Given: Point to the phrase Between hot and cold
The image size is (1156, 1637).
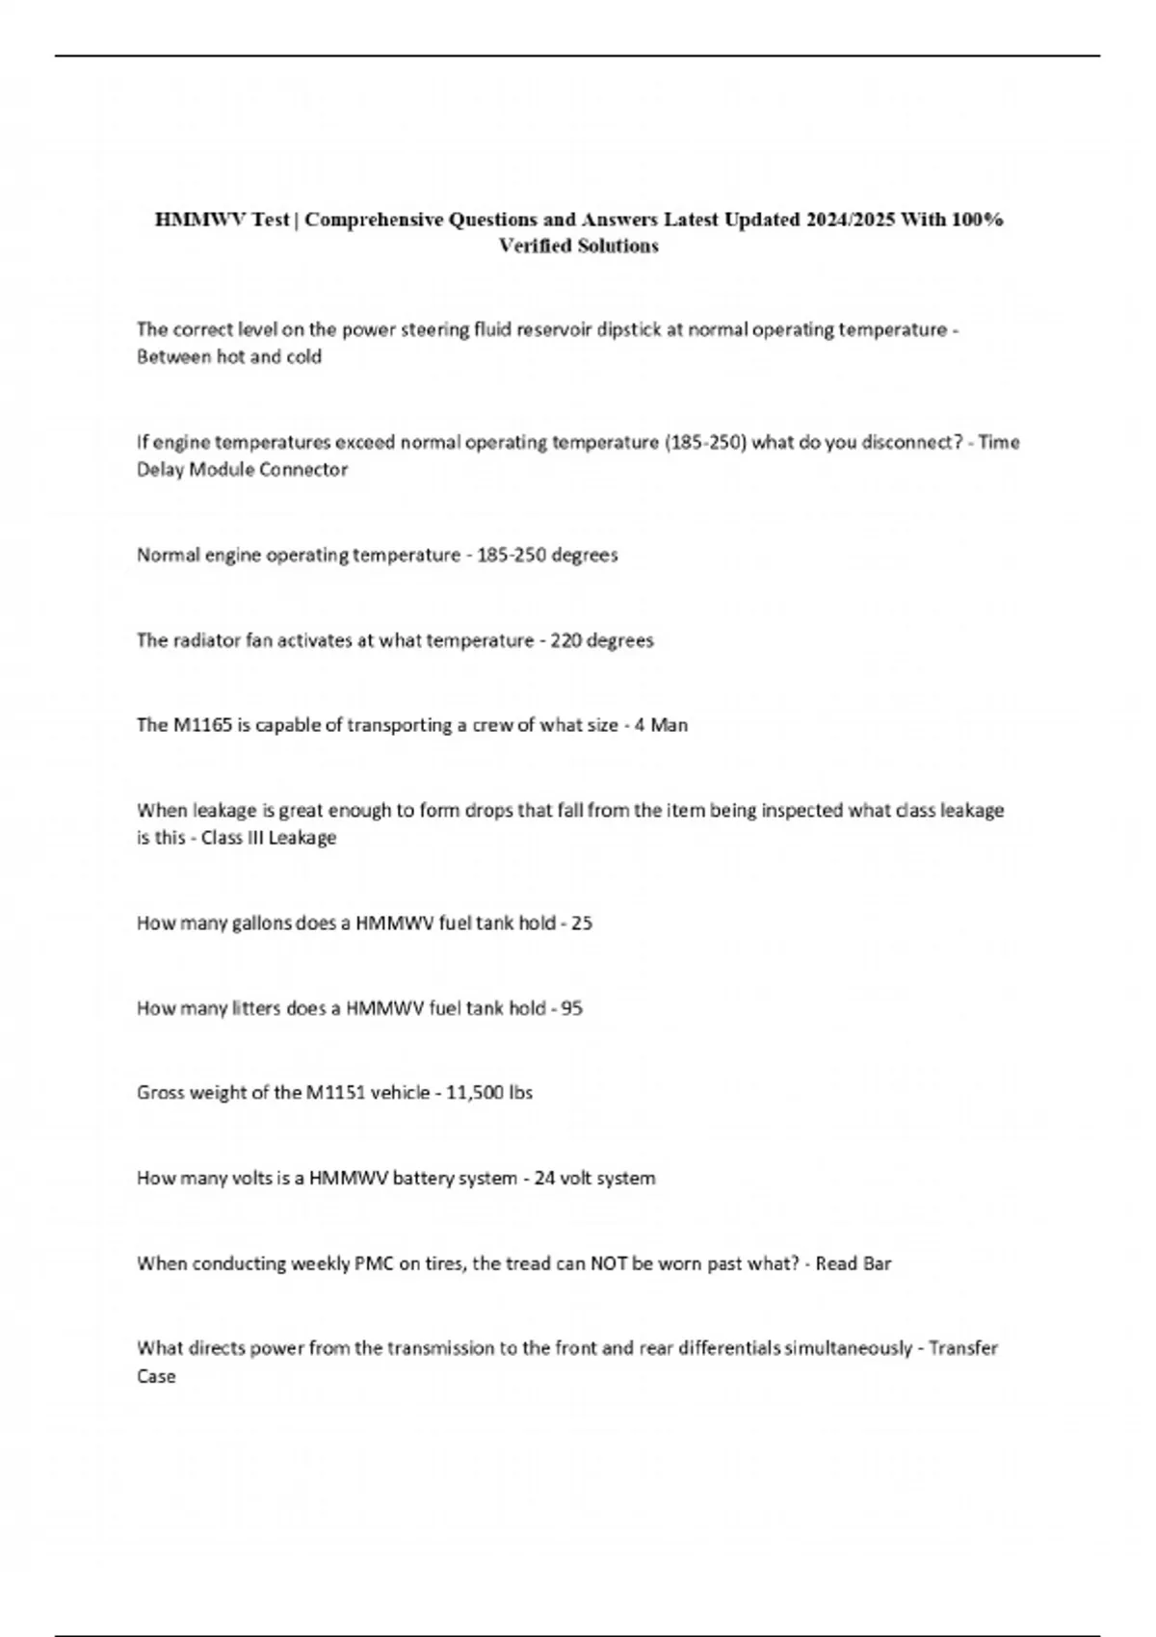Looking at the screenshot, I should point(229,357).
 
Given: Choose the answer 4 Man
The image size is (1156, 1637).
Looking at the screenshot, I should point(661,725).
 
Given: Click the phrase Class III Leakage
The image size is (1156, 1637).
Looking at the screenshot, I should point(269,838).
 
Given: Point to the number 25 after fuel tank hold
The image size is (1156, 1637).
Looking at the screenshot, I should point(582,923).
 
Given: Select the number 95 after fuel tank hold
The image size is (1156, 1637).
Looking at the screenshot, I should point(572,1008).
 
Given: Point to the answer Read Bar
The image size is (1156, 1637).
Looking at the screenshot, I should point(854,1263).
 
